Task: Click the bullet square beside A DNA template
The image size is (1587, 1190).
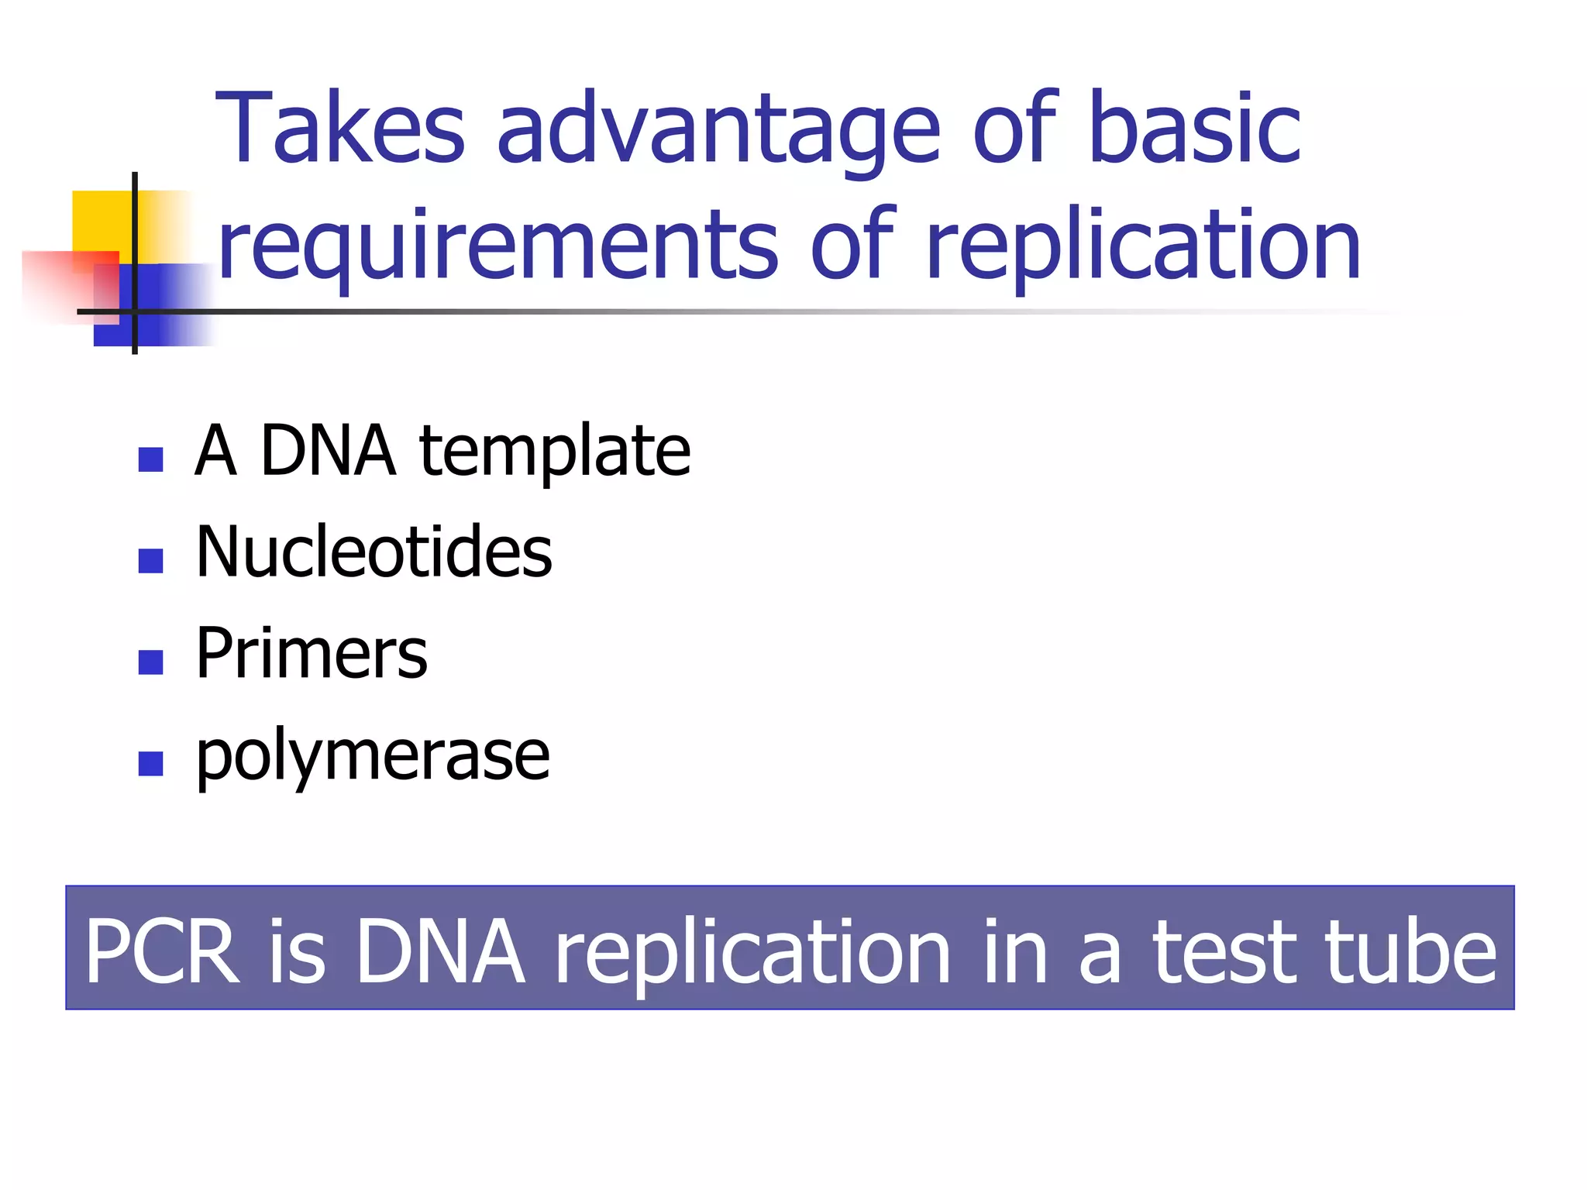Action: click(150, 459)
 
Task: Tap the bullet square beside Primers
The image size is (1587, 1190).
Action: click(150, 662)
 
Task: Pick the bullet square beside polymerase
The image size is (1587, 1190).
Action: click(150, 764)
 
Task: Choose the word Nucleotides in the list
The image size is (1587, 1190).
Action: click(374, 551)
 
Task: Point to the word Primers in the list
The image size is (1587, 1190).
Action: click(312, 653)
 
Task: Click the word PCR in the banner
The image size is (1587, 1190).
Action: click(162, 951)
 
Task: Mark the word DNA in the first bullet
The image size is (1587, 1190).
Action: click(328, 451)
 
